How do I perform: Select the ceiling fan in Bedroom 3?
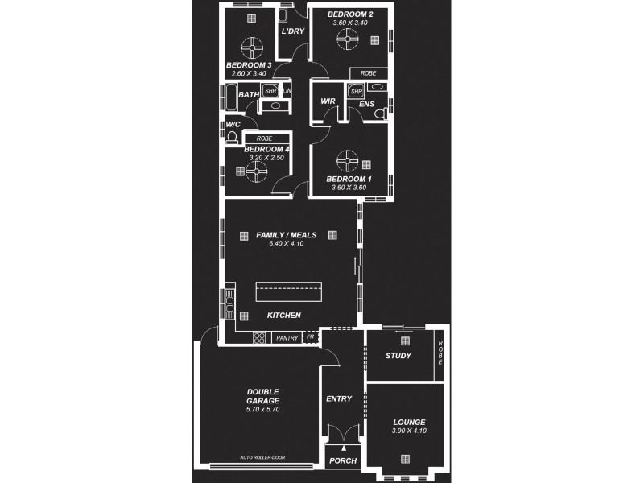click(252, 45)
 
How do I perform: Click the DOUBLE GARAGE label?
click(262, 396)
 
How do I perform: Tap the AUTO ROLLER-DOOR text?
click(262, 457)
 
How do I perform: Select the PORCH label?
click(344, 461)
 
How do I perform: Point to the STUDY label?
click(398, 356)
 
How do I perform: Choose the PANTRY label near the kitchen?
click(286, 338)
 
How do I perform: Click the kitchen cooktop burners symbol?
click(259, 338)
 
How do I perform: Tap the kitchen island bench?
click(288, 290)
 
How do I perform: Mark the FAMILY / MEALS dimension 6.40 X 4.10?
click(286, 244)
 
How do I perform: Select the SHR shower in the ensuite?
click(356, 92)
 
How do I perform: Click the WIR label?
click(328, 101)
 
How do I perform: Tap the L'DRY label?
click(292, 31)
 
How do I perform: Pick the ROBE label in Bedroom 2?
click(368, 73)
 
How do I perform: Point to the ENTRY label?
click(339, 398)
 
